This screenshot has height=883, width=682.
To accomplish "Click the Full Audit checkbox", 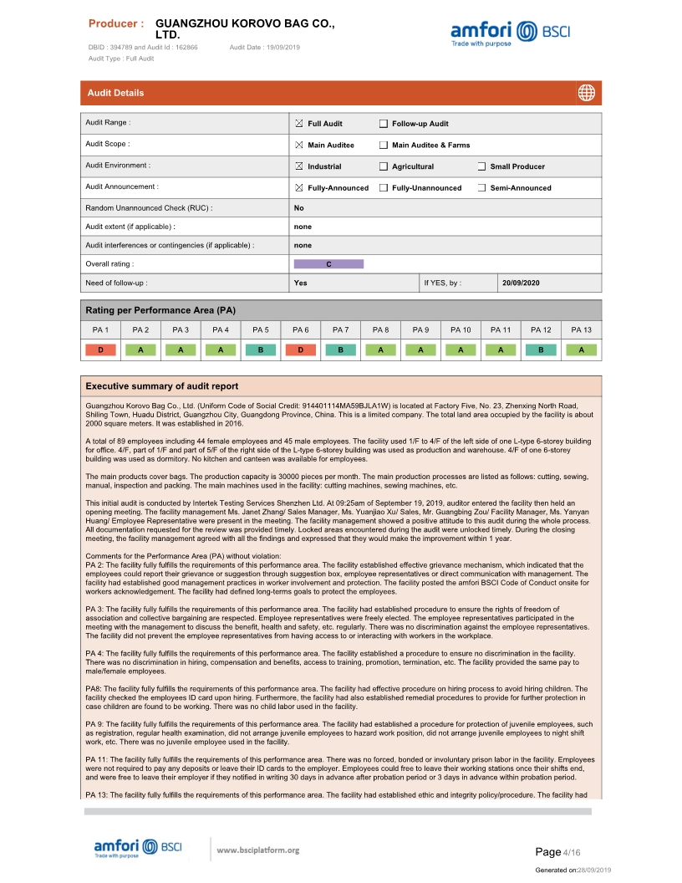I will click(x=300, y=124).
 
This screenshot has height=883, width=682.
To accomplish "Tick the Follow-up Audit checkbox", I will click(x=384, y=124).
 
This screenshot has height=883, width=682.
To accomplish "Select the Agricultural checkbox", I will click(x=384, y=166).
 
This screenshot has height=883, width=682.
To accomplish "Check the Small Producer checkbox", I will click(x=482, y=166).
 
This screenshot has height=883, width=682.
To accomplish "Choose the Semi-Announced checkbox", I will click(x=482, y=188).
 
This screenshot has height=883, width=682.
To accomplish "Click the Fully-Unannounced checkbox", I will click(x=384, y=188).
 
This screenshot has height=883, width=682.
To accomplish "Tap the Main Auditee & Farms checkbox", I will click(x=384, y=145).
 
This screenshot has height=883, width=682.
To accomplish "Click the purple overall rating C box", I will click(x=328, y=264).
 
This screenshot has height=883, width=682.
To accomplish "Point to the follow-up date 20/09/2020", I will click(x=521, y=283).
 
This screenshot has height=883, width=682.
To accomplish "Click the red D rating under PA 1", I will click(x=101, y=350).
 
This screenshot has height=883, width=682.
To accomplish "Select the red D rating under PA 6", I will click(x=301, y=350).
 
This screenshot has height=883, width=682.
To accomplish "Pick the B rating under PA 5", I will click(x=261, y=350).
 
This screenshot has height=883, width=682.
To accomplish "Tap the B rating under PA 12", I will click(x=541, y=350).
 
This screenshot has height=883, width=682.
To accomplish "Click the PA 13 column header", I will click(x=581, y=330).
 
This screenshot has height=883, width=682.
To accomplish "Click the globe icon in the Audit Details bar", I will click(x=586, y=93).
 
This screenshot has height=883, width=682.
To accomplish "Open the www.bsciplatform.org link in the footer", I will click(x=257, y=850).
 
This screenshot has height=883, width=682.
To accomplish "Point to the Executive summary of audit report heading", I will click(x=161, y=386).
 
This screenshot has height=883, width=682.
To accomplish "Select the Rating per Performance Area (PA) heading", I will click(x=161, y=310).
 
